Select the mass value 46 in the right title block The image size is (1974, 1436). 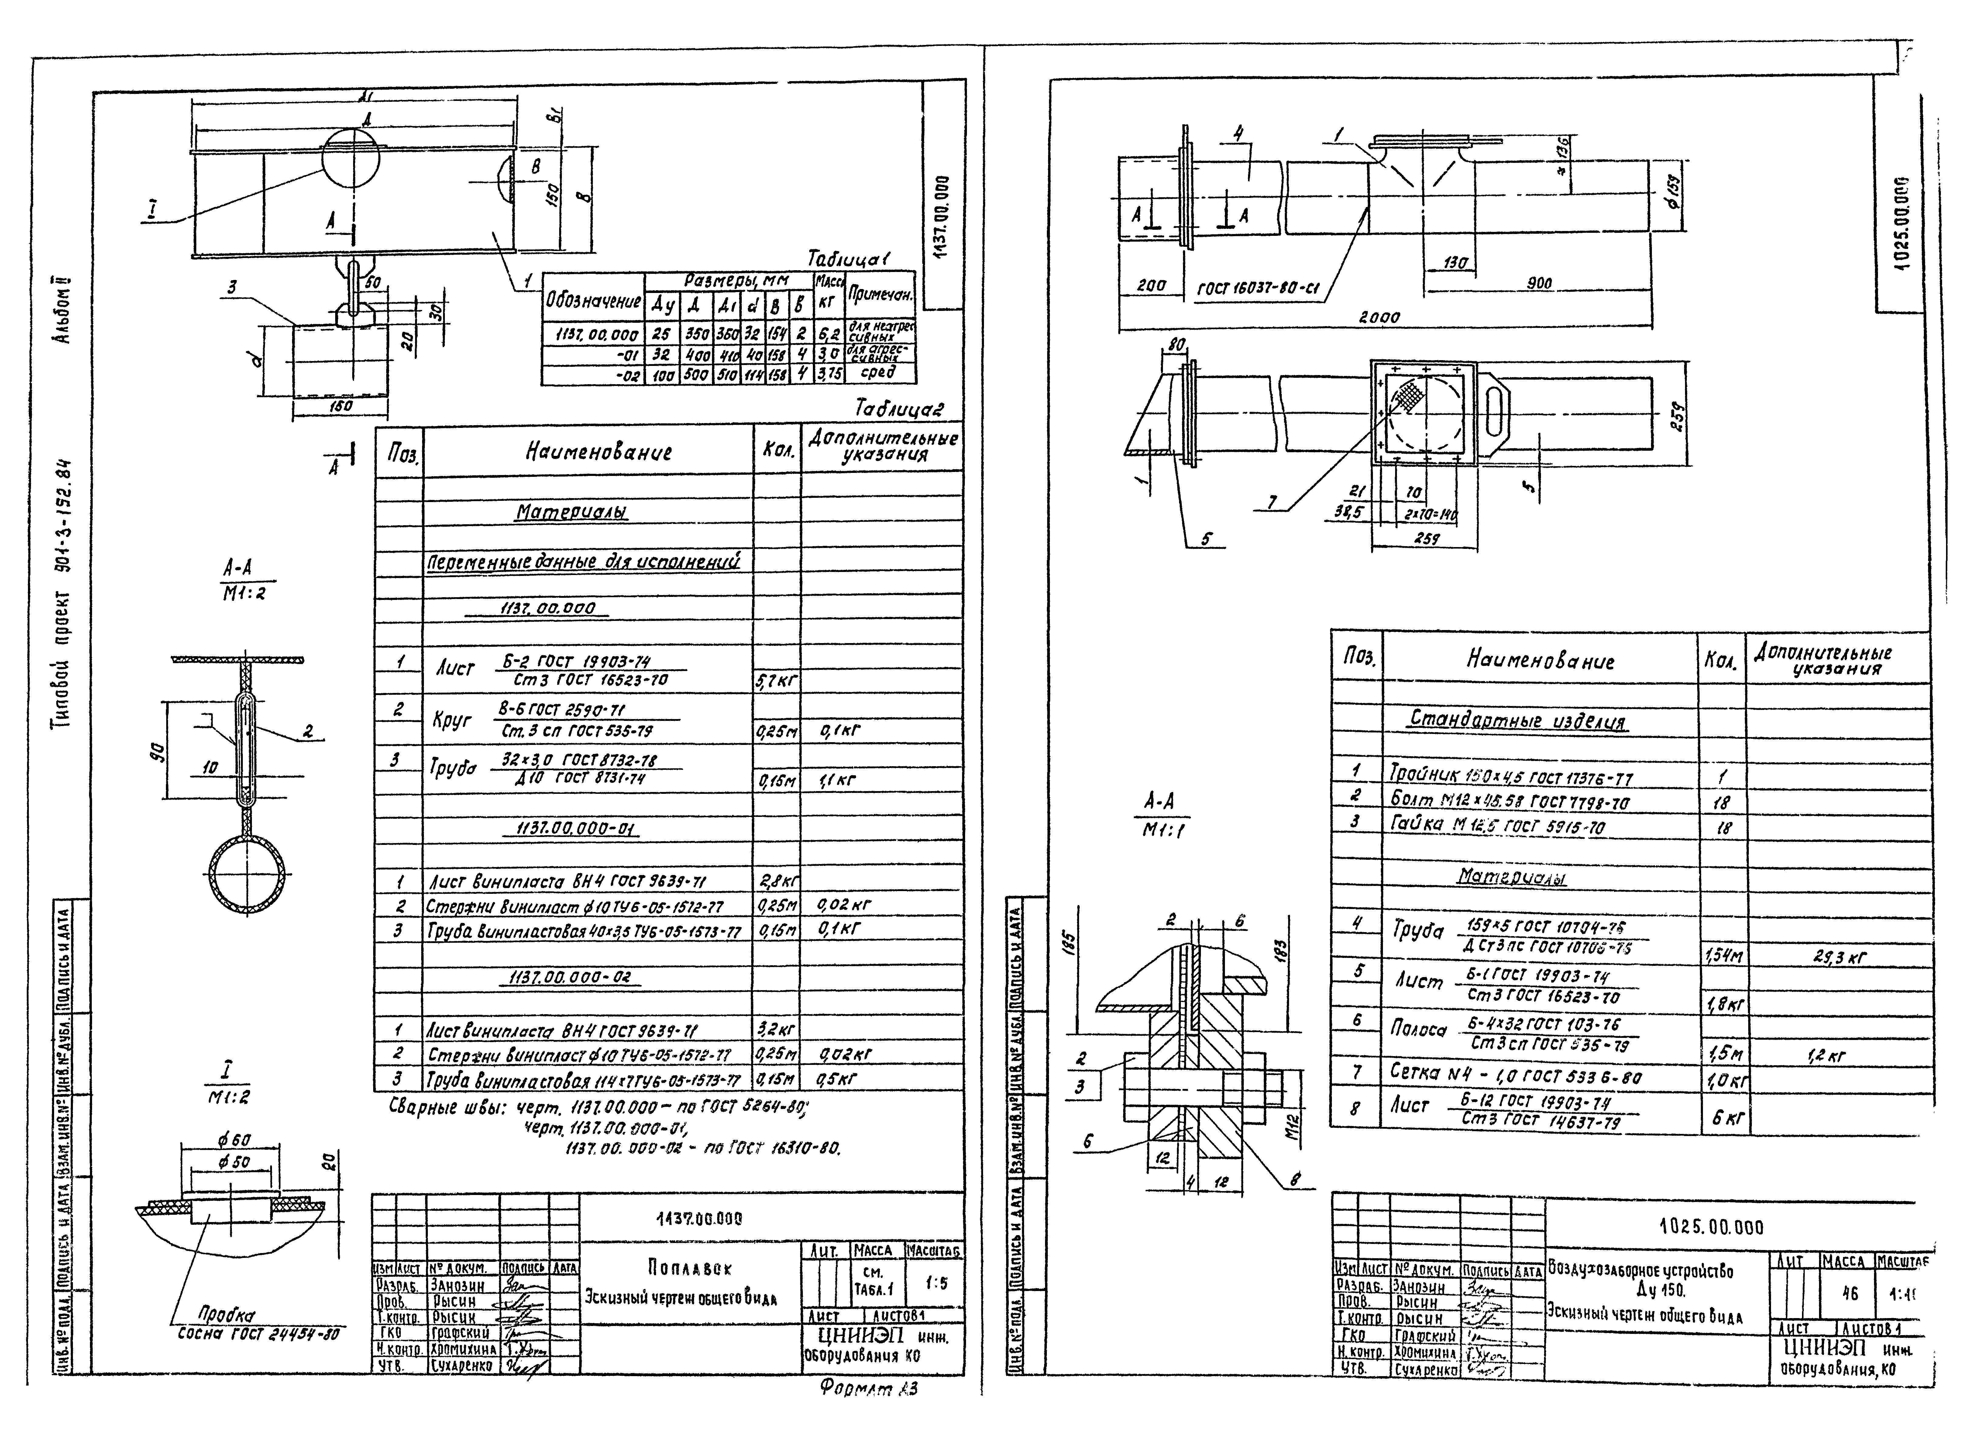1849,1293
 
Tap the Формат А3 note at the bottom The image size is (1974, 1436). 868,1389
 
